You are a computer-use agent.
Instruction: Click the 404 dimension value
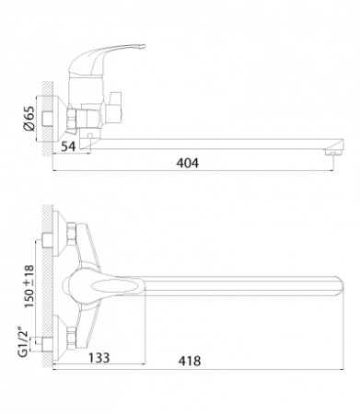pyautogui.click(x=187, y=163)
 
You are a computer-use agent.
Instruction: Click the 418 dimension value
pyautogui.click(x=190, y=361)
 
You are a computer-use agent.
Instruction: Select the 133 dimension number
pyautogui.click(x=99, y=357)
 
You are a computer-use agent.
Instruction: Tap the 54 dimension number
pyautogui.click(x=68, y=146)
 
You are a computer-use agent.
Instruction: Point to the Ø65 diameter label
pyautogui.click(x=29, y=119)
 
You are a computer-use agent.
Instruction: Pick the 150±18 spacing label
pyautogui.click(x=29, y=286)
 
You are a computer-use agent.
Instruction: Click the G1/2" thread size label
pyautogui.click(x=23, y=344)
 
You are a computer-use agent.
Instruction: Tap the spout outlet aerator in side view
pyautogui.click(x=332, y=152)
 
